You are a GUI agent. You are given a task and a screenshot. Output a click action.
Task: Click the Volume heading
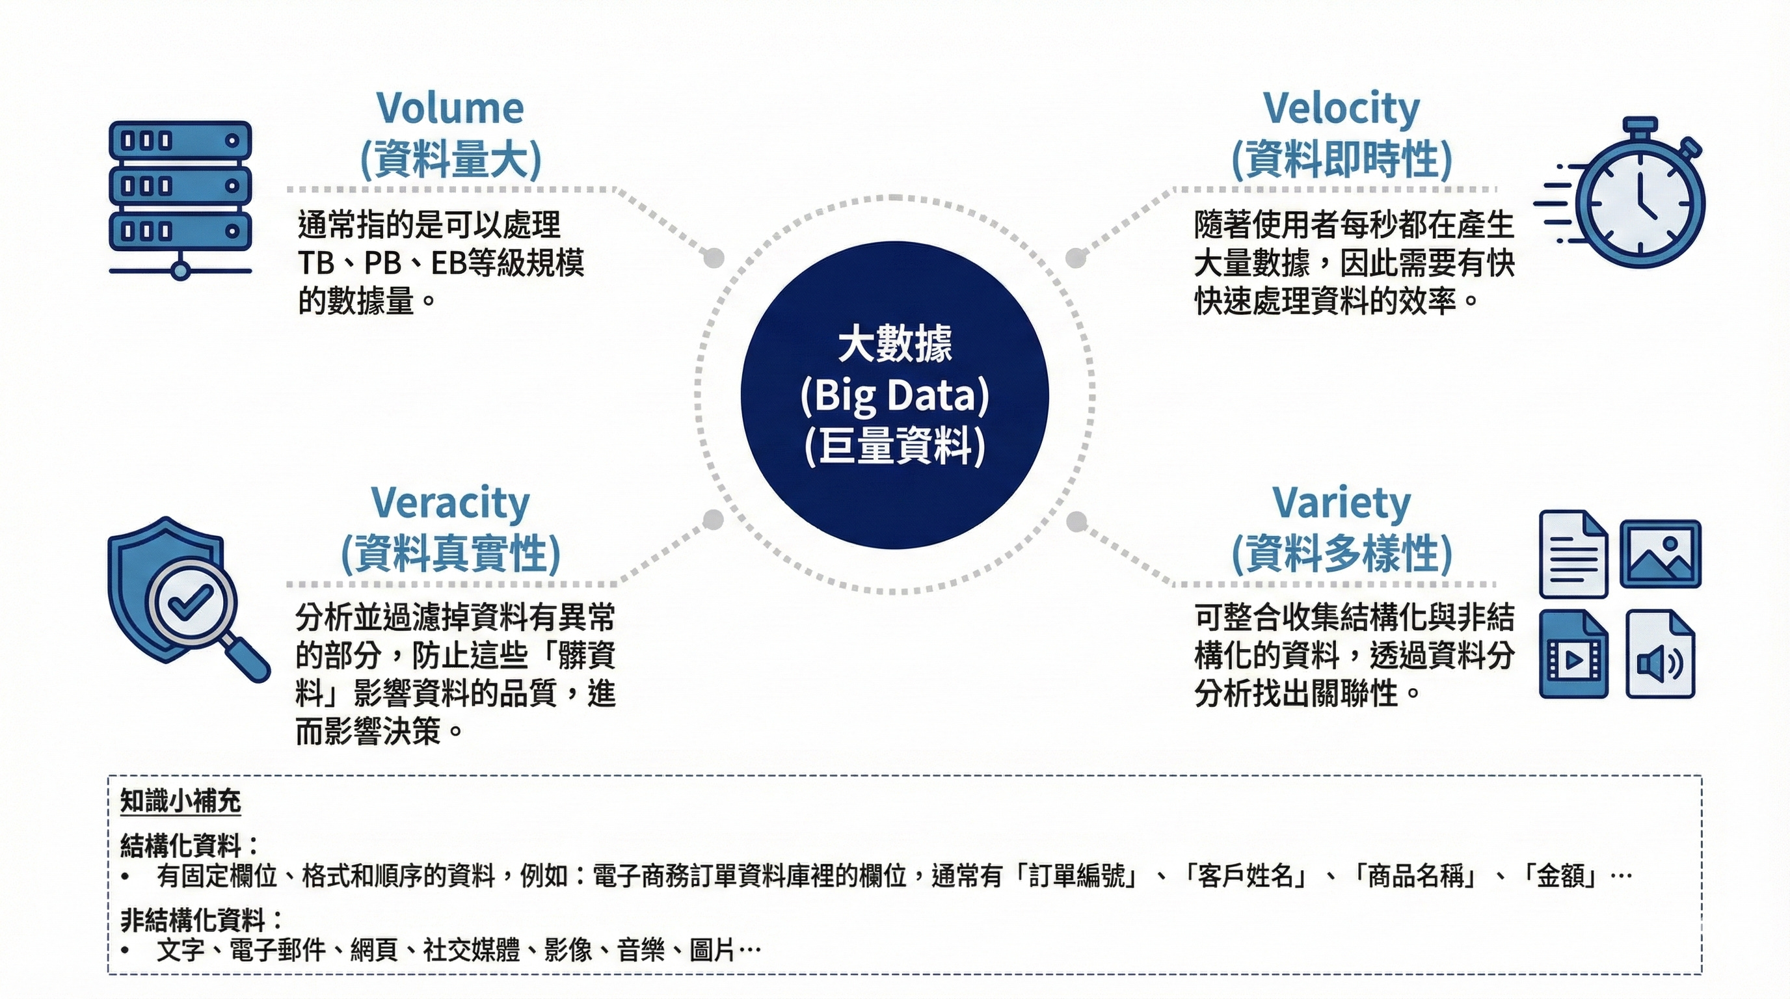(450, 109)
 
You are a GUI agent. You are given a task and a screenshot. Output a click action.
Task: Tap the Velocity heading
(1341, 109)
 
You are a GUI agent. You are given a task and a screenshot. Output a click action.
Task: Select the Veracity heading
(450, 503)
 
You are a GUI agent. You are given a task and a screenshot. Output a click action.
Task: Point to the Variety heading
(1341, 503)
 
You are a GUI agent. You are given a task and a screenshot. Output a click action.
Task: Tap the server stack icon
(180, 198)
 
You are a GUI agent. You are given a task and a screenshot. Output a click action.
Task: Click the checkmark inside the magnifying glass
(191, 602)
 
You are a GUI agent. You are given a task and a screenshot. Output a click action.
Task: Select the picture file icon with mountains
(1661, 553)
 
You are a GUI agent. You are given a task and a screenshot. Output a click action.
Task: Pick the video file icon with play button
(1573, 654)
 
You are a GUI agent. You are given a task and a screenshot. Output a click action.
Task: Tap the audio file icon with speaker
(1660, 654)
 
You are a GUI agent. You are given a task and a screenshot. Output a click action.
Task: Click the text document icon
(1573, 553)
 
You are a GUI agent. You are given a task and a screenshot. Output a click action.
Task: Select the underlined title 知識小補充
(181, 801)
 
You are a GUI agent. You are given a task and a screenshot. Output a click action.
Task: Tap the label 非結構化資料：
(202, 920)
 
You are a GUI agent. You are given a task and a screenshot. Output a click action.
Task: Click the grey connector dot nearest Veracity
(713, 520)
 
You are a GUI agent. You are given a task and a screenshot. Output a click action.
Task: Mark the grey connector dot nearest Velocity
(1076, 258)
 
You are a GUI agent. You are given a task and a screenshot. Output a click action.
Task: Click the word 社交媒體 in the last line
(472, 950)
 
